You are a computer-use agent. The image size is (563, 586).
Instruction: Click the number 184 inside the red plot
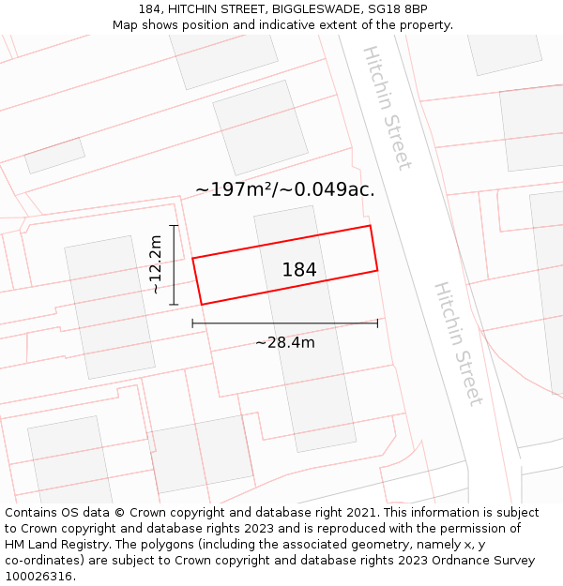pyautogui.click(x=299, y=270)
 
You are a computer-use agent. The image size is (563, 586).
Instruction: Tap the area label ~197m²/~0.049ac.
pyautogui.click(x=284, y=189)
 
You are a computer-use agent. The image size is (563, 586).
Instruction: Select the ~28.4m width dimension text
pyautogui.click(x=285, y=342)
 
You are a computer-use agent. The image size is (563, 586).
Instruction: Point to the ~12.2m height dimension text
pyautogui.click(x=156, y=265)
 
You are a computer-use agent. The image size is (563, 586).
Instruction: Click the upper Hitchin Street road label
pyautogui.click(x=388, y=108)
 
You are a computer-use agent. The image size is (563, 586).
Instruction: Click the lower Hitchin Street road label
pyautogui.click(x=459, y=344)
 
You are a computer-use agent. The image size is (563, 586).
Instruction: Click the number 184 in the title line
pyautogui.click(x=149, y=9)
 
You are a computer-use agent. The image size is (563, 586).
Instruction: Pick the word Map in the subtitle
pyautogui.click(x=126, y=25)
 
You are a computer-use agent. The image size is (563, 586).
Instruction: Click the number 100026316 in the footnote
pyautogui.click(x=38, y=577)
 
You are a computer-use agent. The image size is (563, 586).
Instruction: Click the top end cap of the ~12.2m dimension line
pyautogui.click(x=174, y=226)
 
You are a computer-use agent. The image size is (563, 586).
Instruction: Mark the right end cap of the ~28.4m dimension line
pyautogui.click(x=377, y=323)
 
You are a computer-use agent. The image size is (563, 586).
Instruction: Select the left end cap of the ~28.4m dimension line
pyautogui.click(x=192, y=323)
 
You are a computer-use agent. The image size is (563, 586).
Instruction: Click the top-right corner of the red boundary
pyautogui.click(x=370, y=226)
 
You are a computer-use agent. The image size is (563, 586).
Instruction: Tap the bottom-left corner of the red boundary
pyautogui.click(x=202, y=304)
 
